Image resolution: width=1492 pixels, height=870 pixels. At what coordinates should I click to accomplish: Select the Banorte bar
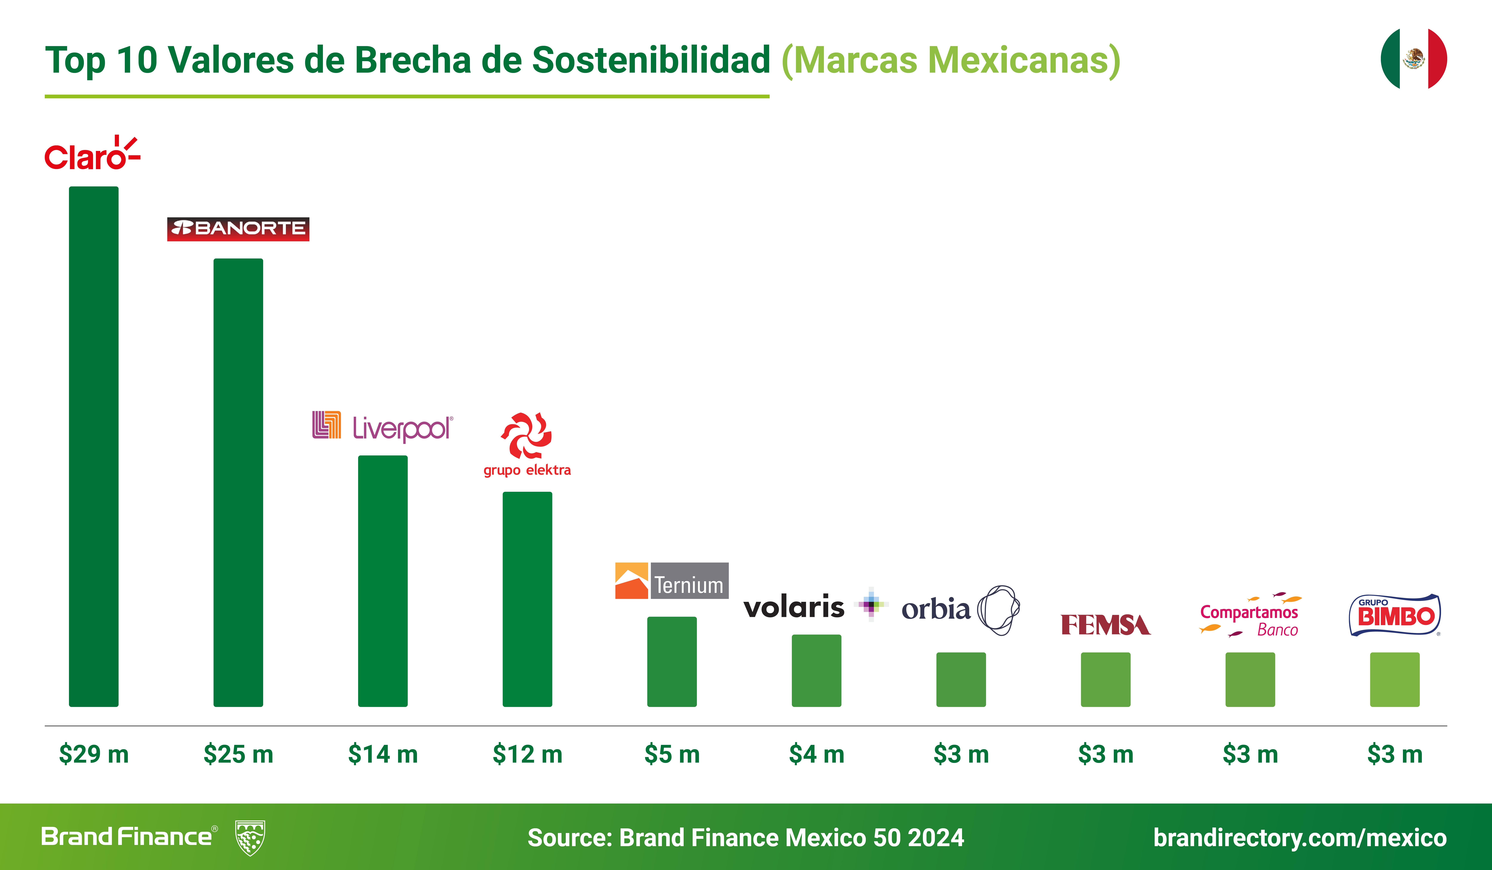(x=238, y=482)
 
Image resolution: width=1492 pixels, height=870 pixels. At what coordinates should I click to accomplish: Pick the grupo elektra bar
(x=527, y=599)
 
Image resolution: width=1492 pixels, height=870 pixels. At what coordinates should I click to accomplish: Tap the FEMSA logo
(x=1105, y=624)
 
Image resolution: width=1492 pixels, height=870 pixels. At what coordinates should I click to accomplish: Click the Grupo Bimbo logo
(x=1394, y=616)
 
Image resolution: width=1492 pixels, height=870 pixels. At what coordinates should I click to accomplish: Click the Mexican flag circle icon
(x=1413, y=59)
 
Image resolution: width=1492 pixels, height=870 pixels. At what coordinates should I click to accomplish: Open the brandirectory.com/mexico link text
(x=1300, y=837)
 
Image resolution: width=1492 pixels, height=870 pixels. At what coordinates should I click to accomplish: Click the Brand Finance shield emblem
(x=250, y=837)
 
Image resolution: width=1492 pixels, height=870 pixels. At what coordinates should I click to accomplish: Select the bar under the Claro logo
(x=94, y=447)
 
